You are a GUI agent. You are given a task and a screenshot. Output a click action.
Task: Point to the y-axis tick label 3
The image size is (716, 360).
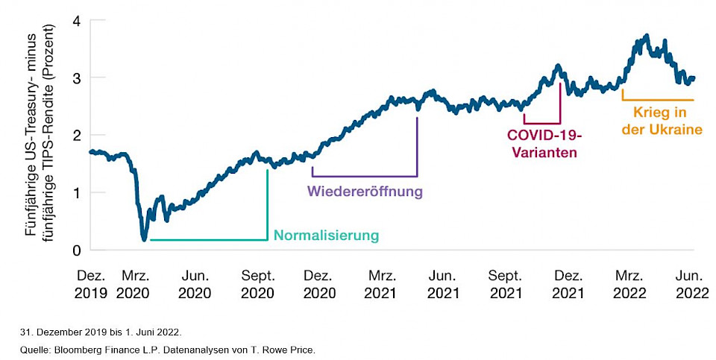tap(75, 78)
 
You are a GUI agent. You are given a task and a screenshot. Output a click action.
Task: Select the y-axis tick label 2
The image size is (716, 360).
tap(75, 135)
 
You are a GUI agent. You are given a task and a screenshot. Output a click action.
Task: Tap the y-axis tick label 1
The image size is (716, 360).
tap(75, 192)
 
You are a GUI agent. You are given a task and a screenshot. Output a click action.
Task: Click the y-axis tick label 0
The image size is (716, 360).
tap(75, 250)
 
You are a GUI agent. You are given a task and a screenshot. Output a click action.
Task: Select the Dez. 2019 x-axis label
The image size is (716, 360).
tap(91, 284)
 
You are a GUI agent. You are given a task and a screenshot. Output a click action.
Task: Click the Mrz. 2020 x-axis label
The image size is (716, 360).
tap(134, 284)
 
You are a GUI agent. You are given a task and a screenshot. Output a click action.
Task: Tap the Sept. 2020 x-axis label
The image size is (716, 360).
tap(258, 284)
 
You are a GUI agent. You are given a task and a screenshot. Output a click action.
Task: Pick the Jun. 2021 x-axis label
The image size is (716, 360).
tap(443, 284)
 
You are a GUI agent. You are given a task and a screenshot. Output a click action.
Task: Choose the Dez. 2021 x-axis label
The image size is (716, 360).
tap(568, 284)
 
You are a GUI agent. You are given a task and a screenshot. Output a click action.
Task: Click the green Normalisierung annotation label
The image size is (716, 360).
tap(326, 236)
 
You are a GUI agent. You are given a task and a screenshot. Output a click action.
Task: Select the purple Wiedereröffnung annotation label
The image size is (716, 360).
tap(365, 192)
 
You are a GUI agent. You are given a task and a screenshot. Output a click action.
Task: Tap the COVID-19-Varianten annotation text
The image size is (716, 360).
tap(543, 144)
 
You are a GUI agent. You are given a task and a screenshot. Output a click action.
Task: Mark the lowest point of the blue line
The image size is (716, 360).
tap(144, 239)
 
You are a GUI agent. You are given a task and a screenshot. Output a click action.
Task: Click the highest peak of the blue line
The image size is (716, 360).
tap(646, 35)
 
